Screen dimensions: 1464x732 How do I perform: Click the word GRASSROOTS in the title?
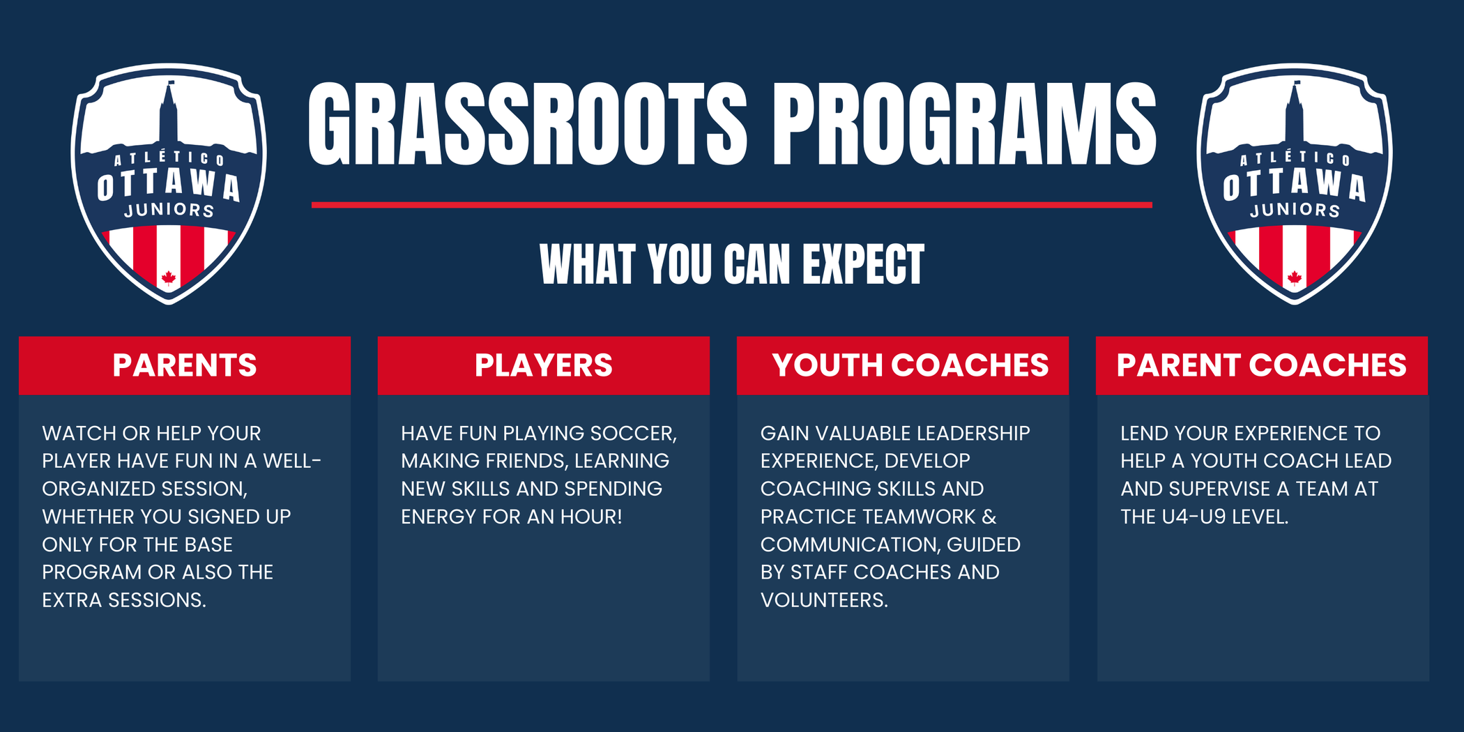pos(528,124)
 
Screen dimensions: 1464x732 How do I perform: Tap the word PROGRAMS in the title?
pos(965,124)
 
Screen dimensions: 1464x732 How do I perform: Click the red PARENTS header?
pos(185,365)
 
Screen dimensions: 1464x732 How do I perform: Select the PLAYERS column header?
pos(544,365)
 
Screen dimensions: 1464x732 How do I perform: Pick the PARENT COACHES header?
pos(1262,365)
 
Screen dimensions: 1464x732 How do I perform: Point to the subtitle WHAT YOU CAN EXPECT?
pos(732,265)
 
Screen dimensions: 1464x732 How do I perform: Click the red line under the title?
pos(732,205)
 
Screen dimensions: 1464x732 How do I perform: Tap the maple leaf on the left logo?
pos(168,278)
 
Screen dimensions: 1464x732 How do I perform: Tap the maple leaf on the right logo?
pos(1295,278)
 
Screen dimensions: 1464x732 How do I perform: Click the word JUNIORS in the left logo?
pos(169,210)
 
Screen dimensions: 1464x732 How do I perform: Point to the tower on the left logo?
pos(169,115)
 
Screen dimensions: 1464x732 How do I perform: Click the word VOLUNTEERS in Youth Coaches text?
pos(824,600)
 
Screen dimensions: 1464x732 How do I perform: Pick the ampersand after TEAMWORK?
pos(989,517)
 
